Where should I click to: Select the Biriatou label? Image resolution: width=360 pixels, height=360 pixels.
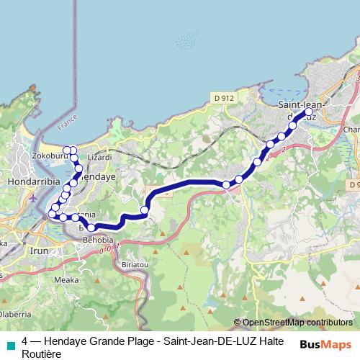138,264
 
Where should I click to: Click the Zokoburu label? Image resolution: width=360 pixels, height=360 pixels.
50,154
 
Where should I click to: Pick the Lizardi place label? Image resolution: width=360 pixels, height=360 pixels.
99,156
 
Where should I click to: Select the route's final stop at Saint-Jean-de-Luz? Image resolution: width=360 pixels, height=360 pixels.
309,112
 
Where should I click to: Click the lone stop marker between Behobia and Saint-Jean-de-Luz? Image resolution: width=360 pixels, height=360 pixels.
144,210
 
